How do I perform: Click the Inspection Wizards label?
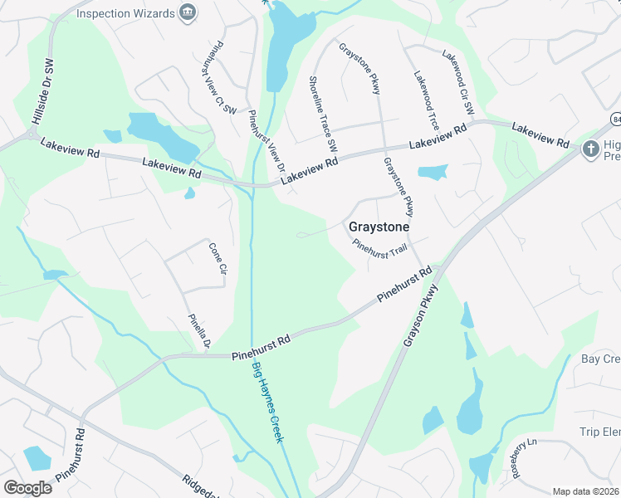click(125, 13)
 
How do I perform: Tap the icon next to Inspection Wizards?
click(188, 12)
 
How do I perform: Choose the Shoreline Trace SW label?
click(323, 113)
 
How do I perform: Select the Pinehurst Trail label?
click(380, 247)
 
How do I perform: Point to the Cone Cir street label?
click(218, 258)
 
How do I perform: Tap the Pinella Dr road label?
click(200, 331)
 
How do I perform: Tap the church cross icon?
click(590, 149)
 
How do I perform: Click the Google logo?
click(28, 487)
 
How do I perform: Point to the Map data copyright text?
click(585, 491)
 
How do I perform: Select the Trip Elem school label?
click(599, 432)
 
